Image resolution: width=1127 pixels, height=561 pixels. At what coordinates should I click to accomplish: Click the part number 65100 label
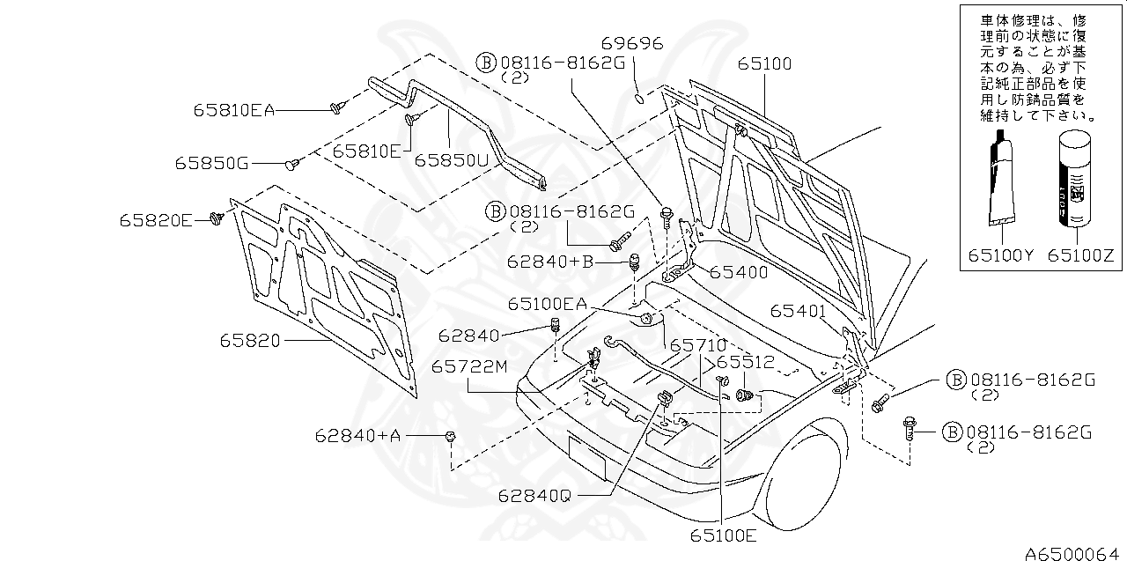(764, 63)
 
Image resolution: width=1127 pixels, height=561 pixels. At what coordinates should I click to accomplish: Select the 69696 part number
(632, 43)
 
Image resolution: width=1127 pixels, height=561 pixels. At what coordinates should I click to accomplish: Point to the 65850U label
(451, 160)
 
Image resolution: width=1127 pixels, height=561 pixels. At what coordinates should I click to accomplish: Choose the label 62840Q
(532, 495)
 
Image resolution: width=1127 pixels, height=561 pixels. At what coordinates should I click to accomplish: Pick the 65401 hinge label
(798, 311)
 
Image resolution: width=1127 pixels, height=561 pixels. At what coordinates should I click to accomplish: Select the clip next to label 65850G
(294, 163)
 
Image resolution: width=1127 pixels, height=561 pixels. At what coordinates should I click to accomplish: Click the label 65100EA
(546, 303)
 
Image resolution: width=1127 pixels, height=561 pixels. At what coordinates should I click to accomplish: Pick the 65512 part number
(744, 362)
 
